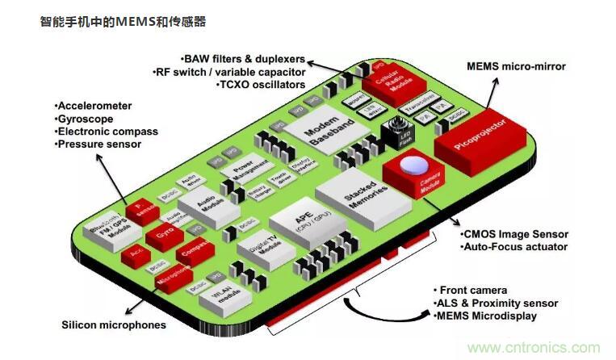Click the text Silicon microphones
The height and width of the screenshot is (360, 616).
pos(114,325)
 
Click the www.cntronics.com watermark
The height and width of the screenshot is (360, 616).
pos(534,349)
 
